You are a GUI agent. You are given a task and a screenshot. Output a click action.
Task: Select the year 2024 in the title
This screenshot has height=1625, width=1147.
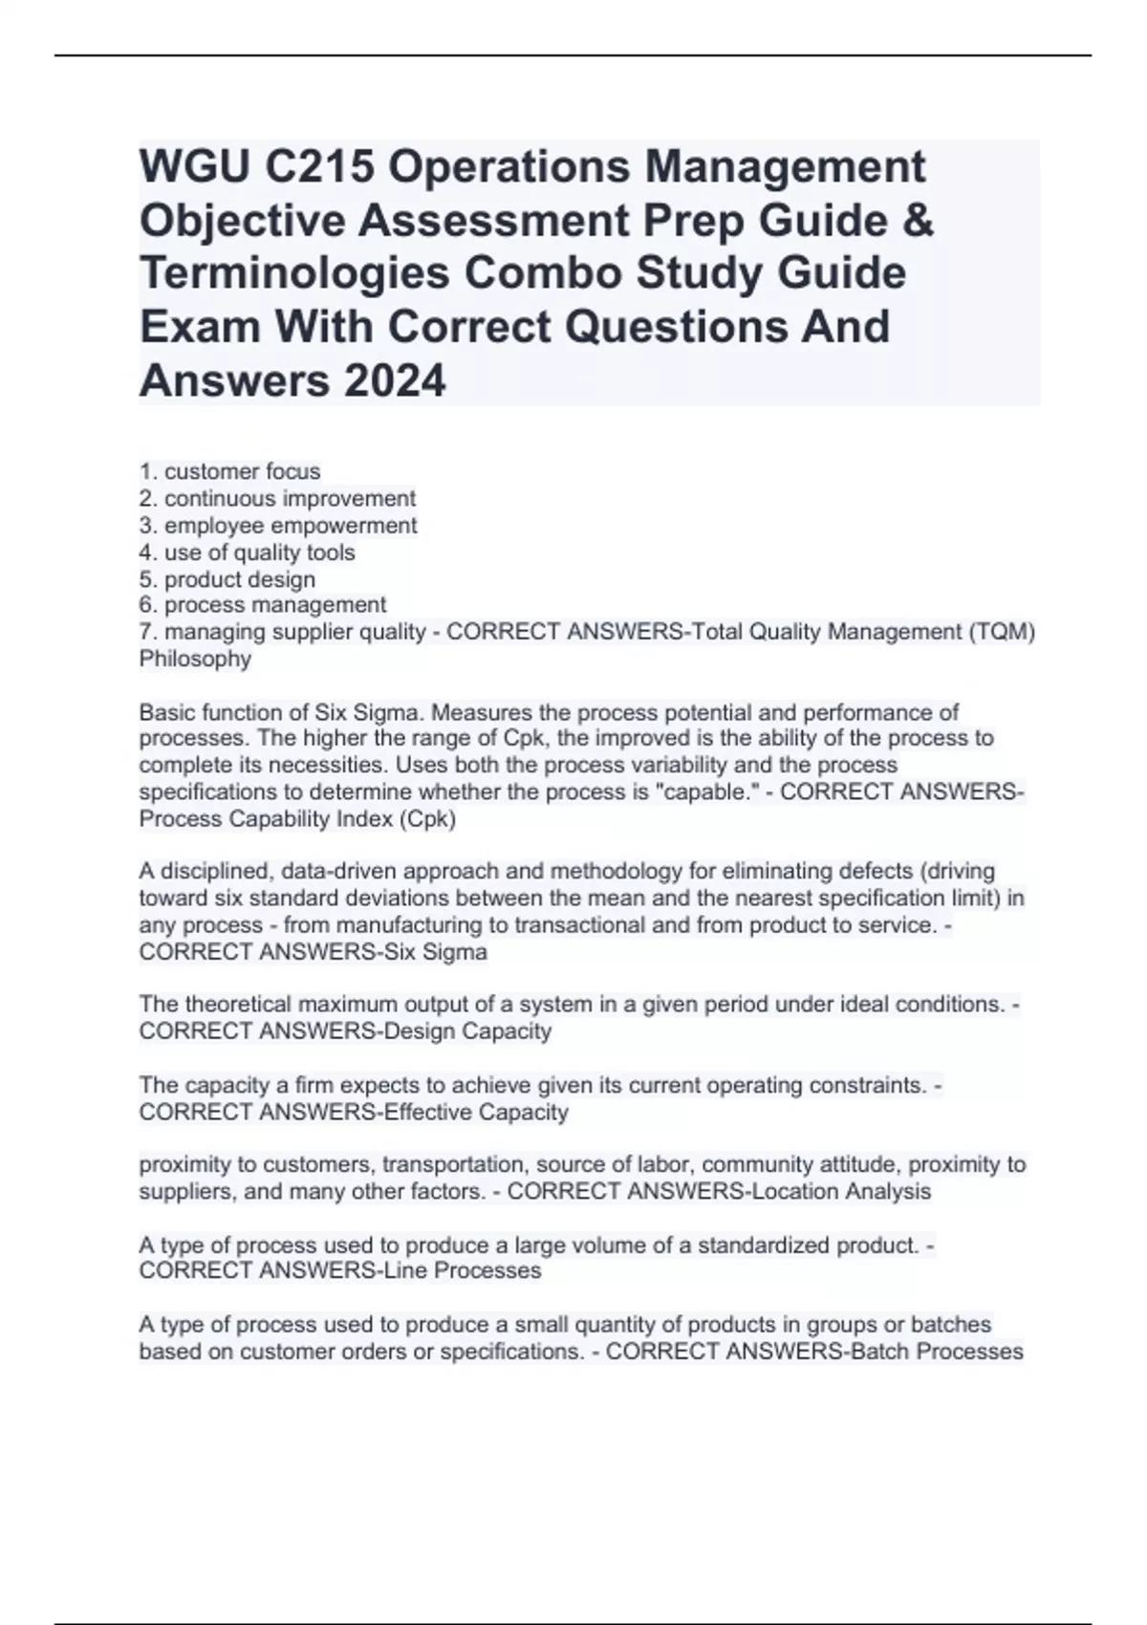pos(394,381)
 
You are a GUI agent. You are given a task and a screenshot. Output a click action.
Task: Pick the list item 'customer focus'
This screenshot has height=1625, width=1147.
pos(242,471)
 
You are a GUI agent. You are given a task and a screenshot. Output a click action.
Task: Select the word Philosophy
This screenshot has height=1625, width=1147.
pos(195,659)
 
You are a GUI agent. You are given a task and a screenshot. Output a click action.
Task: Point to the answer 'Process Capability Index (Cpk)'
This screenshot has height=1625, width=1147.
pos(297,819)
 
